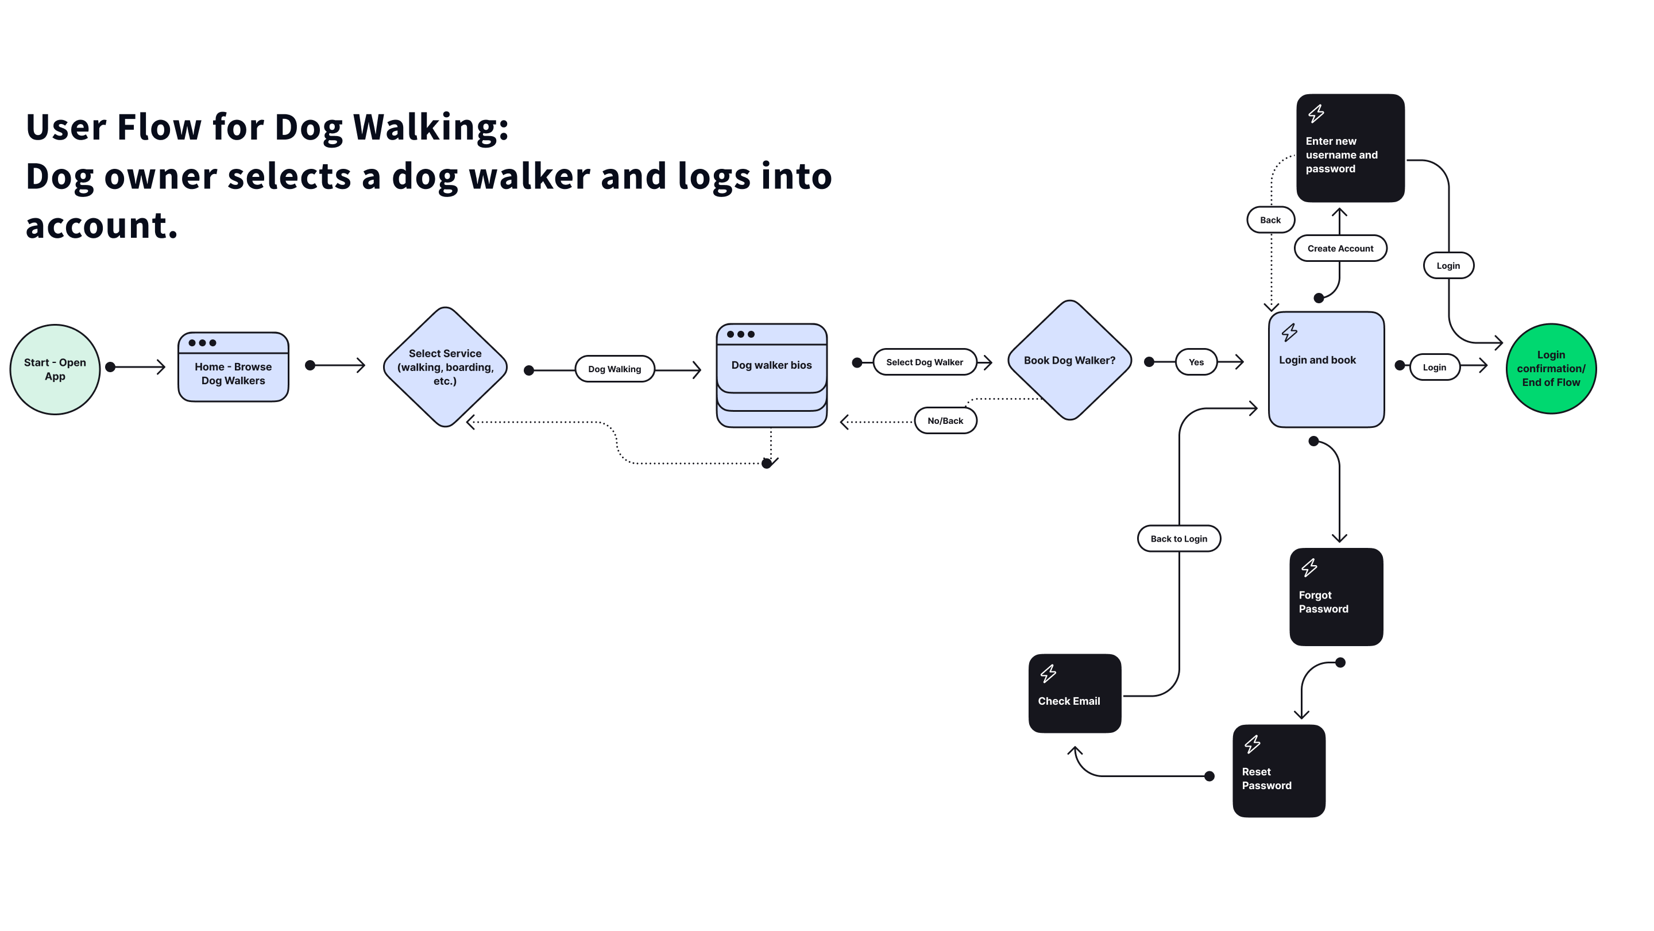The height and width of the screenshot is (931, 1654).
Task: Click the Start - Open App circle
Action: point(55,369)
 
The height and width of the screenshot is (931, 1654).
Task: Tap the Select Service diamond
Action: point(445,366)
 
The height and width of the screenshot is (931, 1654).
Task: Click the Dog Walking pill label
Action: point(615,369)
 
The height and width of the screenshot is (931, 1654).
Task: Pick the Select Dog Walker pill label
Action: point(924,362)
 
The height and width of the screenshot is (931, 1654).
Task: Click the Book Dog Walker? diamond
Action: point(1069,360)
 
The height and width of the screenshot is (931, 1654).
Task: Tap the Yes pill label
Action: point(1196,362)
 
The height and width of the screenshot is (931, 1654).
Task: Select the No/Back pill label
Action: point(945,420)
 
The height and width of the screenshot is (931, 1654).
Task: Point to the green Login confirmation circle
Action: point(1551,369)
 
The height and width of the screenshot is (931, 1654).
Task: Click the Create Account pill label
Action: point(1340,249)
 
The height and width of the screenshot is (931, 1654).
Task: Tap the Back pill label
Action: point(1270,219)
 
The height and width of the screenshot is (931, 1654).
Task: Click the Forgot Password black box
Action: point(1335,597)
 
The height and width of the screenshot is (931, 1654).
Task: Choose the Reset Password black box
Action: point(1278,771)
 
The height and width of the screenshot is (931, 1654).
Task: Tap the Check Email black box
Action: point(1074,693)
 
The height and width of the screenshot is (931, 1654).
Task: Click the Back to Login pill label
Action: point(1178,539)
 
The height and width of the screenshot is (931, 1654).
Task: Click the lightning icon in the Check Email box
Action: point(1048,674)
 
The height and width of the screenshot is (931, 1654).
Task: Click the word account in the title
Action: point(102,225)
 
